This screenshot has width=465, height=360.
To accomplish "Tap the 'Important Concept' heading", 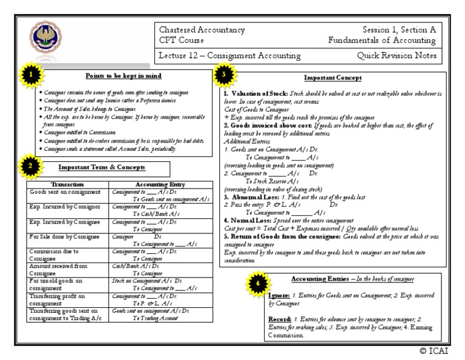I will point(333,78).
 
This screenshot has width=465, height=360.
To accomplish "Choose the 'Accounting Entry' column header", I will point(161,184).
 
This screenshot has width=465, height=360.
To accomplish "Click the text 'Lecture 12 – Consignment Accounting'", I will point(230,56).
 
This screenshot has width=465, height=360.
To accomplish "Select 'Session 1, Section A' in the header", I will point(398,30).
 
